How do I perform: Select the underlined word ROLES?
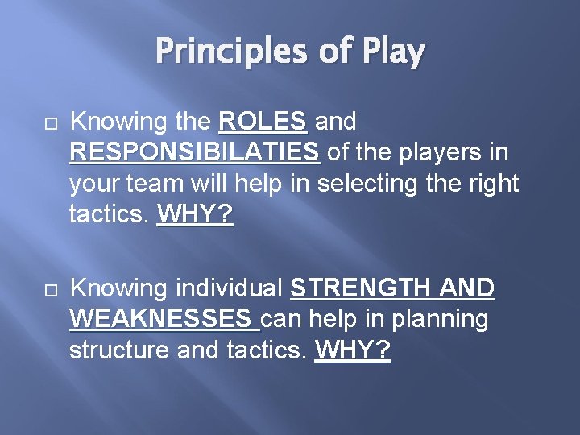coord(263,122)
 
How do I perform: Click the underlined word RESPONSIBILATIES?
coord(195,153)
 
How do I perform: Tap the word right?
coord(492,184)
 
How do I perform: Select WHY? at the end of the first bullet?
coord(195,214)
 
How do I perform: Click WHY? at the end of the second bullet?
coord(353,351)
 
